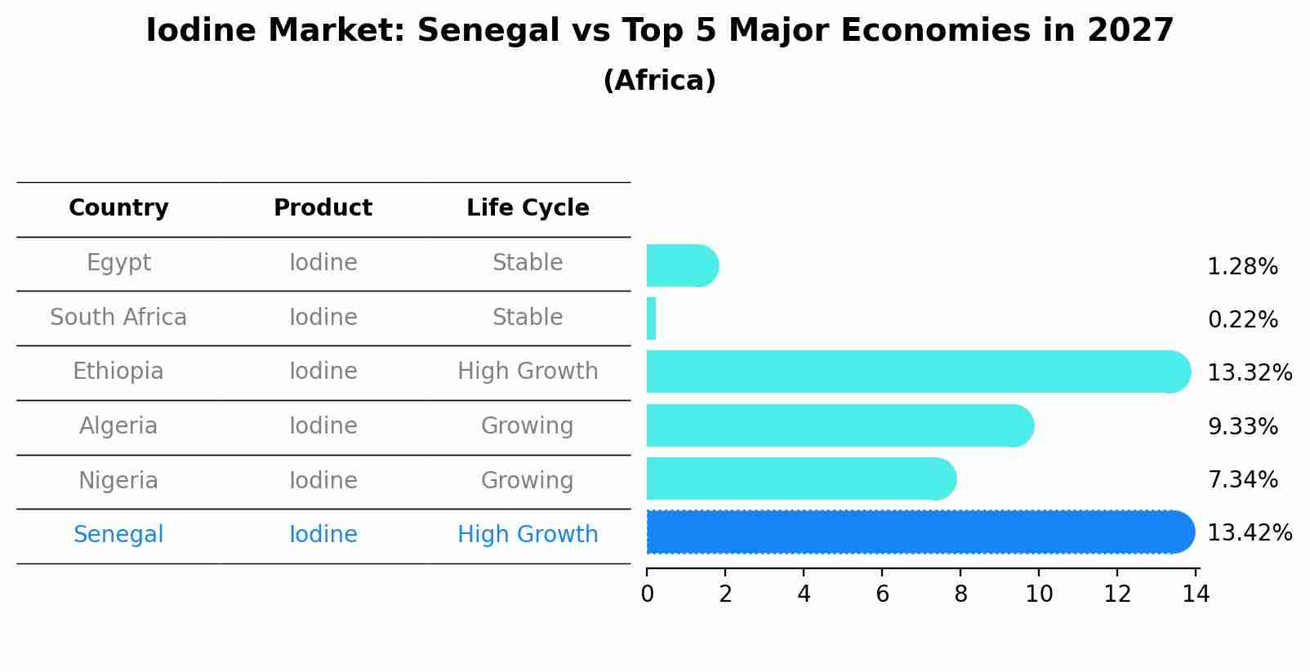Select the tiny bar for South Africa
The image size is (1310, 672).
coord(651,318)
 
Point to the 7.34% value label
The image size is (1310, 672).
coord(1242,479)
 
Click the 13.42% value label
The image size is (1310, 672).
coord(1249,532)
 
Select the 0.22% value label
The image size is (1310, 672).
coord(1242,319)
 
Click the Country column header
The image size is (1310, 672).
coord(118,208)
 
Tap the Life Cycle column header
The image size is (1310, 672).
coord(528,208)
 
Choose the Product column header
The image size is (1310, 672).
coord(323,208)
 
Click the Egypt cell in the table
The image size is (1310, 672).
coord(118,263)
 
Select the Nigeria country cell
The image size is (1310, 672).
coord(118,480)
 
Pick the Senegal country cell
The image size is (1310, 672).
coord(118,535)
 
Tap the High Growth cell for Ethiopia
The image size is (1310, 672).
coord(528,372)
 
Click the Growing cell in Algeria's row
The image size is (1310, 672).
coord(528,426)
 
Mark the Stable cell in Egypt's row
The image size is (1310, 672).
coord(528,263)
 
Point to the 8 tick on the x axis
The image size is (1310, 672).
coord(960,594)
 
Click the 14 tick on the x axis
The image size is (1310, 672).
coord(1196,594)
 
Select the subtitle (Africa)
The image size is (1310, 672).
coord(659,81)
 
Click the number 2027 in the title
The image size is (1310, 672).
coord(1130,31)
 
